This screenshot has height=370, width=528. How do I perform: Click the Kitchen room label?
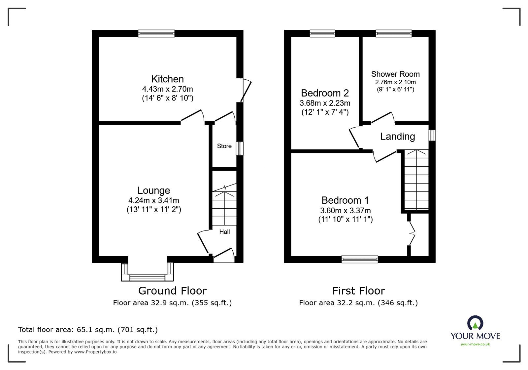[167, 79]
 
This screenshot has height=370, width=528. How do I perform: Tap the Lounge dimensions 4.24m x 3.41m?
[154, 200]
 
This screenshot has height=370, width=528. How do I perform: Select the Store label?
[224, 146]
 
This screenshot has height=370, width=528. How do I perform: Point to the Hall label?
[224, 232]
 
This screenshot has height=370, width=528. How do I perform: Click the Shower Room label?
[395, 74]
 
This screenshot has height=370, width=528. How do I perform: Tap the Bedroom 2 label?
[325, 93]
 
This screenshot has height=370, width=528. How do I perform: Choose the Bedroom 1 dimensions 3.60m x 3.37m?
[346, 211]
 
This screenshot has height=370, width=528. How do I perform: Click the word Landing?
[397, 136]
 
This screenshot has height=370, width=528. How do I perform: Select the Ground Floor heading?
[172, 291]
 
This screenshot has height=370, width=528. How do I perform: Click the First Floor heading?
[358, 291]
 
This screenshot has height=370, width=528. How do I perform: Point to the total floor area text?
[88, 330]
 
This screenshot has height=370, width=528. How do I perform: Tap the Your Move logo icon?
[475, 323]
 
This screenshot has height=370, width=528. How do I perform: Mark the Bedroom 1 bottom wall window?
[360, 259]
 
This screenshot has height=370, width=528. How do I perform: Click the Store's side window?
[240, 148]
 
